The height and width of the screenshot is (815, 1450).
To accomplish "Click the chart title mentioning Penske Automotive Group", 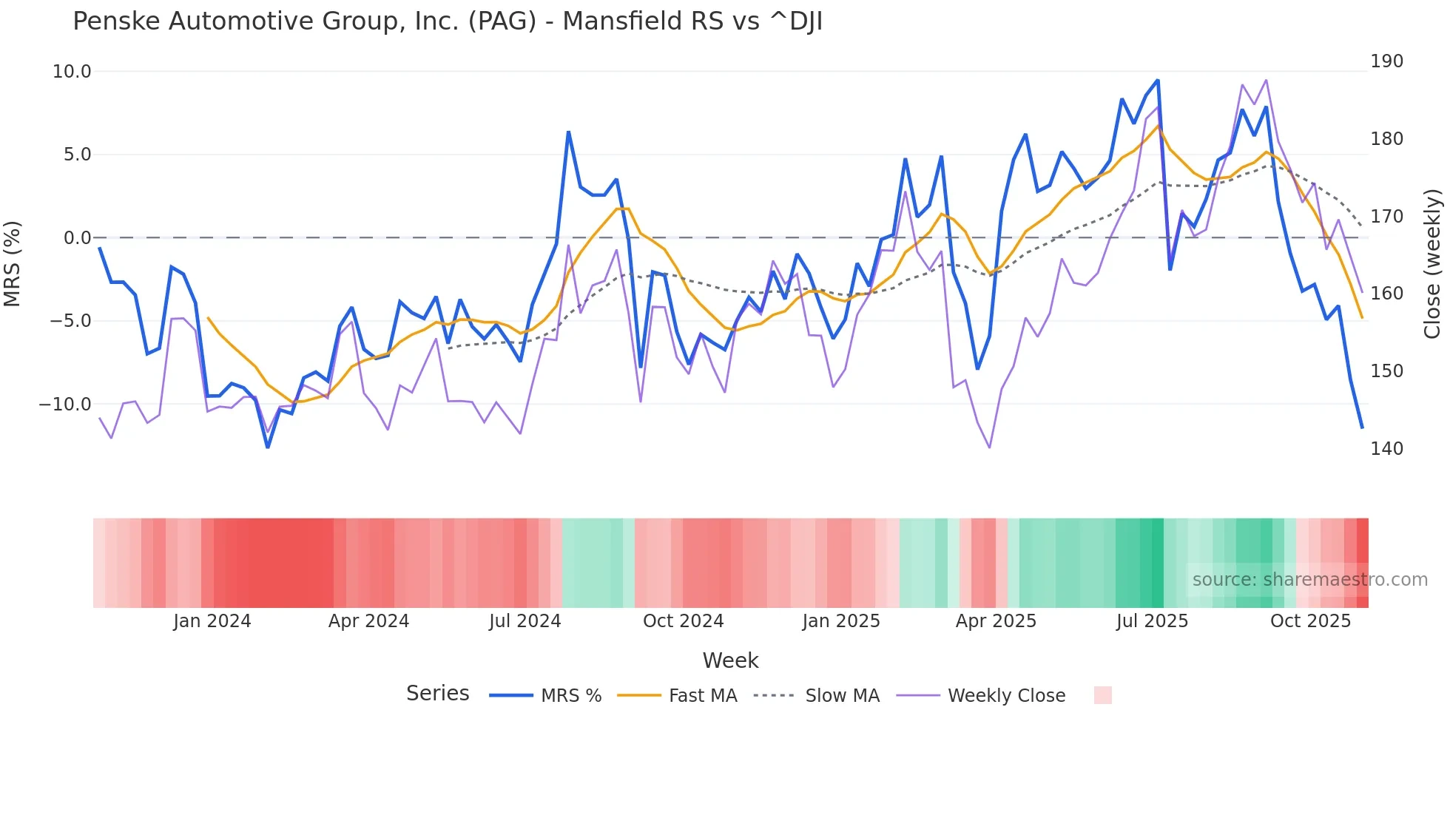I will pos(447,21).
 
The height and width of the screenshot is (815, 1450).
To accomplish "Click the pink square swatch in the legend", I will pos(1102,695).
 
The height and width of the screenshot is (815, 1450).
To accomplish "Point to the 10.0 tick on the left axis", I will pos(72,72).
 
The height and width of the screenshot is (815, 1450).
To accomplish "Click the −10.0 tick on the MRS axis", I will pos(65,405).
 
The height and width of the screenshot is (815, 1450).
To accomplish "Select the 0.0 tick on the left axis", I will pos(77,238).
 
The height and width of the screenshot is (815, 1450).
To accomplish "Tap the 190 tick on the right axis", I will pos(1386,61).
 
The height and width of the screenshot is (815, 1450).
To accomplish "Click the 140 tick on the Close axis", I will pos(1386,449).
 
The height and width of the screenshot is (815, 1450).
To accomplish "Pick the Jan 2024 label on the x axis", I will pos(212,621).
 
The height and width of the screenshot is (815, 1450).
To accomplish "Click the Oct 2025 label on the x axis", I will pos(1310,621).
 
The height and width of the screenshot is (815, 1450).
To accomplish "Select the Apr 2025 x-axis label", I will pos(996,621).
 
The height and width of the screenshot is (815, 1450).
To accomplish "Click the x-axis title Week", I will pos(730,660).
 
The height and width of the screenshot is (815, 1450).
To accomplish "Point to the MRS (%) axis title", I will pos(13,263).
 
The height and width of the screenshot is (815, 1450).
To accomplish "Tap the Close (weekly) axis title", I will pos(1432,263).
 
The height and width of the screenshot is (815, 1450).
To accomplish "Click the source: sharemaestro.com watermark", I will pos(1309,580).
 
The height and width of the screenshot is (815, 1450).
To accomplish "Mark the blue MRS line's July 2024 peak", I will pos(568,132).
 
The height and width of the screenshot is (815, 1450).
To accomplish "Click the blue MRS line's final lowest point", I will pos(1362,427).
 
